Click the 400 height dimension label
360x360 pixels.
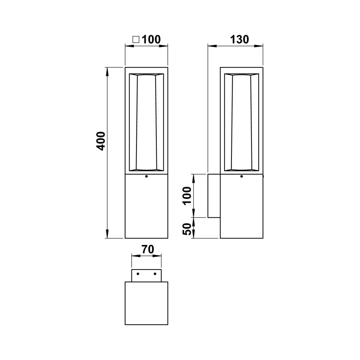[x=101, y=141]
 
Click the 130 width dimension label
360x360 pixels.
[x=240, y=40]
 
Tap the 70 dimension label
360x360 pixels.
[x=148, y=249]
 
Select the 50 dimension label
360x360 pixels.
[x=187, y=229]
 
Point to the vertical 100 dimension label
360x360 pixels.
[x=187, y=195]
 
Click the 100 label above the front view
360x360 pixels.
[x=151, y=40]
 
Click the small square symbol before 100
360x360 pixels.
[x=136, y=40]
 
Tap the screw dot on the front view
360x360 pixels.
[x=146, y=176]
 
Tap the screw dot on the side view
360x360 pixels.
[x=242, y=176]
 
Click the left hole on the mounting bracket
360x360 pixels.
[x=138, y=274]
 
